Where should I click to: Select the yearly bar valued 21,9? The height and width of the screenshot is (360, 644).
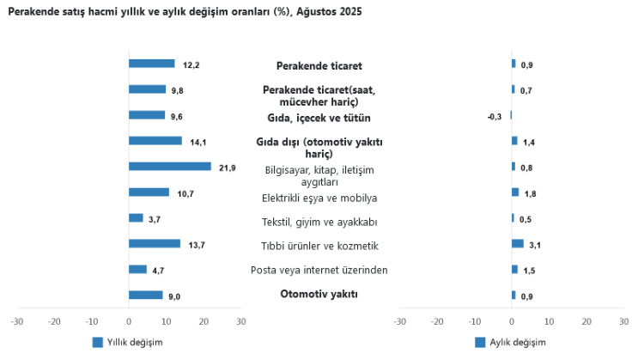tap(169, 167)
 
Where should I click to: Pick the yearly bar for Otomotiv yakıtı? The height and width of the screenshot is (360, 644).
tap(145, 296)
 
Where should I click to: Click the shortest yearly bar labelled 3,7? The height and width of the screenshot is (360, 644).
tap(136, 218)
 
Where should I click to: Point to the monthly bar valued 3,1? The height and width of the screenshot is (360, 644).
tap(517, 244)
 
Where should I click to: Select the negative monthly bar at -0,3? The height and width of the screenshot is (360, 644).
tap(510, 115)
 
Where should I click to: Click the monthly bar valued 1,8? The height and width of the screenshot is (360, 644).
tap(515, 192)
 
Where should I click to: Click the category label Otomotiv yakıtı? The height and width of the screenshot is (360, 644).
tap(319, 295)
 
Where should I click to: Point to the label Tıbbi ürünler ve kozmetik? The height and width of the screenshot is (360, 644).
tap(319, 247)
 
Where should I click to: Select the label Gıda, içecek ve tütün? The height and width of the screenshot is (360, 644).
tap(319, 118)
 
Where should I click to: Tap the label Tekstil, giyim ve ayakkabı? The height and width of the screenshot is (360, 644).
tap(319, 223)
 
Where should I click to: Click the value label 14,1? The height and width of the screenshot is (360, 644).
tap(196, 142)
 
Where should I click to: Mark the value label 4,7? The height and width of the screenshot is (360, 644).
tap(158, 271)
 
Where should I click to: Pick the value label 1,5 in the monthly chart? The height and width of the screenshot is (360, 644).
tap(529, 271)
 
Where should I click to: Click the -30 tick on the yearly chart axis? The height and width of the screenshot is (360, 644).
tap(16, 321)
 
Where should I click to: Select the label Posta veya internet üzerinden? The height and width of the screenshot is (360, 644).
tap(319, 271)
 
